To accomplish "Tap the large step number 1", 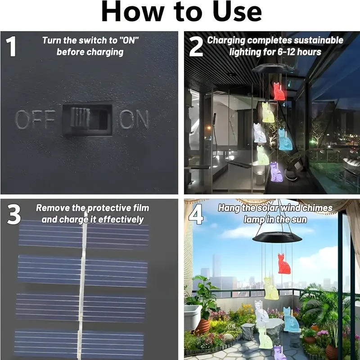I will pos(12,47).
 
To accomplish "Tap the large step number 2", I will pos(195,47).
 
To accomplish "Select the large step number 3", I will pos(13,215).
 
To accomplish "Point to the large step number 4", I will pos(196,215).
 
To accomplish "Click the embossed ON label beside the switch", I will pos(134,120).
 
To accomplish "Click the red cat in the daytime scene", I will pos(284,263).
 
